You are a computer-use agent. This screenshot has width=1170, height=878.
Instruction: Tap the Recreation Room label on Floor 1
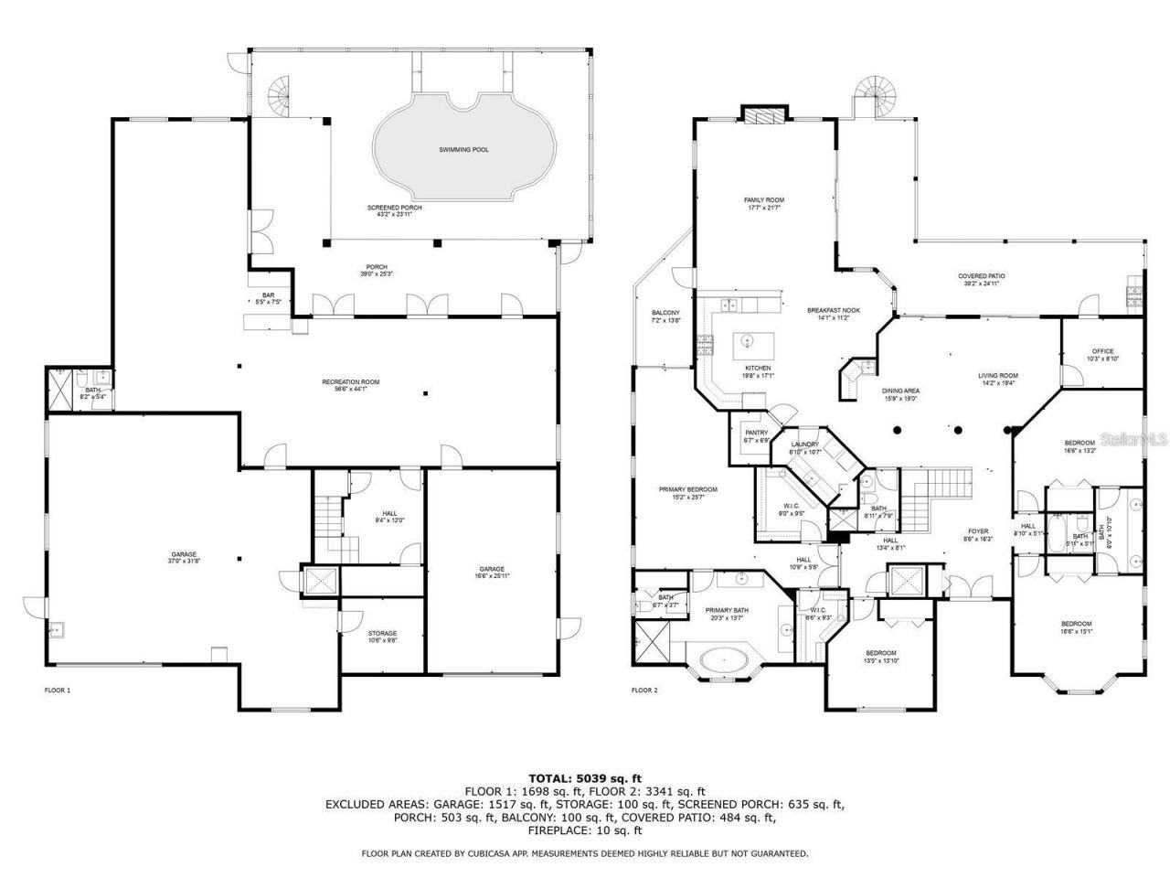[x=350, y=382]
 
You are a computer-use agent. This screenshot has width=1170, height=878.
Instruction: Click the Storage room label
[x=382, y=634]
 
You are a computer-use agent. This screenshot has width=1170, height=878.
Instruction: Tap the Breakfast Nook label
[x=828, y=311]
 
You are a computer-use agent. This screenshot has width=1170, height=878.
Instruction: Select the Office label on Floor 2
[x=1103, y=351]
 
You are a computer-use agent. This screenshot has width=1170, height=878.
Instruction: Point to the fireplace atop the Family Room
[x=762, y=115]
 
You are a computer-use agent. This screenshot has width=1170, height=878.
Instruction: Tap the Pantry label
[x=756, y=434]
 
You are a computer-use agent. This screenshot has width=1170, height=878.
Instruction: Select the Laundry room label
[x=805, y=444]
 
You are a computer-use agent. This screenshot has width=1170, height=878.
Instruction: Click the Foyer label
[x=980, y=531]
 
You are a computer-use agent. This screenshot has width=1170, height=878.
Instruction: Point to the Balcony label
[x=665, y=312]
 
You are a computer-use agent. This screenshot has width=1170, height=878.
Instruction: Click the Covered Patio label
[x=982, y=276]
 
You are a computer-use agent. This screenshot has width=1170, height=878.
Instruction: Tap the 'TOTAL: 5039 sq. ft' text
[x=585, y=777]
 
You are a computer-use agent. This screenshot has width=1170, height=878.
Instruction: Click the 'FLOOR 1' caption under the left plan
[x=58, y=690]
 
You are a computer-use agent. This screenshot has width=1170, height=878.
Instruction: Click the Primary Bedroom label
[x=688, y=490]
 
